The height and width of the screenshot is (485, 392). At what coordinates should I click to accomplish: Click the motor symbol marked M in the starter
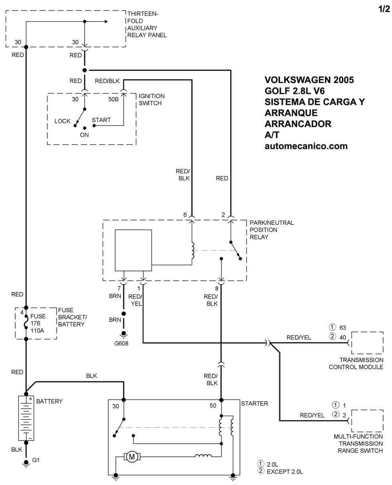[x=132, y=456]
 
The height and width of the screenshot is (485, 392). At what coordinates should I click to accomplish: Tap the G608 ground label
[x=123, y=343]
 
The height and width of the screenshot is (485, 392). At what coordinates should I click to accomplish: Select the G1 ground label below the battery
[x=36, y=460]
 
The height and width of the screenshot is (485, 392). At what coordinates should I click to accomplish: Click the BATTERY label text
[x=49, y=401]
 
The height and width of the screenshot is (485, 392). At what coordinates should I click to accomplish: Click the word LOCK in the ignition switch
[x=63, y=121]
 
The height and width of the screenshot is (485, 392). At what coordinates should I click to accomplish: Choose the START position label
[x=101, y=120]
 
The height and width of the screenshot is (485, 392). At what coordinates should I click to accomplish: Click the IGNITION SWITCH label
[x=152, y=99]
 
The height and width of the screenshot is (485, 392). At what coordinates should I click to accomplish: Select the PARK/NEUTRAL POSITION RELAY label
[x=272, y=230]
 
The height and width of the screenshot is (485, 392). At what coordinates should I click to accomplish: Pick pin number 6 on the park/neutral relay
[x=185, y=215]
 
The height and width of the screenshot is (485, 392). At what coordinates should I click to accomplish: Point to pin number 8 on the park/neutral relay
[x=217, y=288]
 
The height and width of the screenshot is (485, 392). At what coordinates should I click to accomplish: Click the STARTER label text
[x=254, y=404]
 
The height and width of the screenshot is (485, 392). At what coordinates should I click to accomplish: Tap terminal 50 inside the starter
[x=213, y=406]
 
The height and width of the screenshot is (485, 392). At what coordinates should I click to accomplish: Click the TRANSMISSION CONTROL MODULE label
[x=356, y=363]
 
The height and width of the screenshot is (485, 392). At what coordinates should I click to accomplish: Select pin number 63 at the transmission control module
[x=342, y=327]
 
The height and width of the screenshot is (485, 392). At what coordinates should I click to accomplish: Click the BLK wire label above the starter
[x=91, y=376]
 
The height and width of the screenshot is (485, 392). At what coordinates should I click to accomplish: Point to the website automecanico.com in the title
[x=306, y=146]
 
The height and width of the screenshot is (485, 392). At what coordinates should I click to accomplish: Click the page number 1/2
[x=384, y=9]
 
